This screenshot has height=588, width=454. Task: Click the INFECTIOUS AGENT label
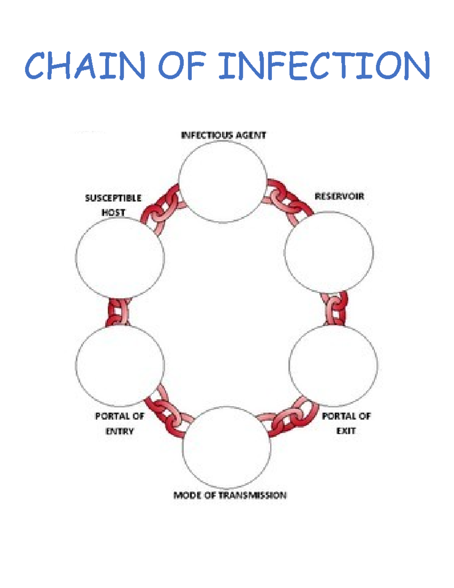tap(223, 135)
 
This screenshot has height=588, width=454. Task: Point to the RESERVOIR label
tap(339, 197)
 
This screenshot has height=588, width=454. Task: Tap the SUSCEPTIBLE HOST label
tap(113, 205)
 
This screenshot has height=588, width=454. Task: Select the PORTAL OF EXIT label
tap(346, 423)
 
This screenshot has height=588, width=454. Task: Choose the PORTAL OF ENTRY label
tap(120, 423)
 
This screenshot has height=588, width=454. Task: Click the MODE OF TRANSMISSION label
tap(230, 495)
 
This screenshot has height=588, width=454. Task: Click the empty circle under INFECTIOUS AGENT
tap(223, 181)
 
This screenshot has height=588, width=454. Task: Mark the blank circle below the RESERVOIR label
tap(329, 252)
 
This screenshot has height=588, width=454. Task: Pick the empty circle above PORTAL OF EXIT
tap(333, 365)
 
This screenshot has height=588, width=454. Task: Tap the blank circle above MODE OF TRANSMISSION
tap(226, 447)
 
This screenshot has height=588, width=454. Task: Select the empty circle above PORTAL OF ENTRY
tap(120, 365)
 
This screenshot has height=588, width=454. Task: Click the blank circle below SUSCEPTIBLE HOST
tap(120, 257)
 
